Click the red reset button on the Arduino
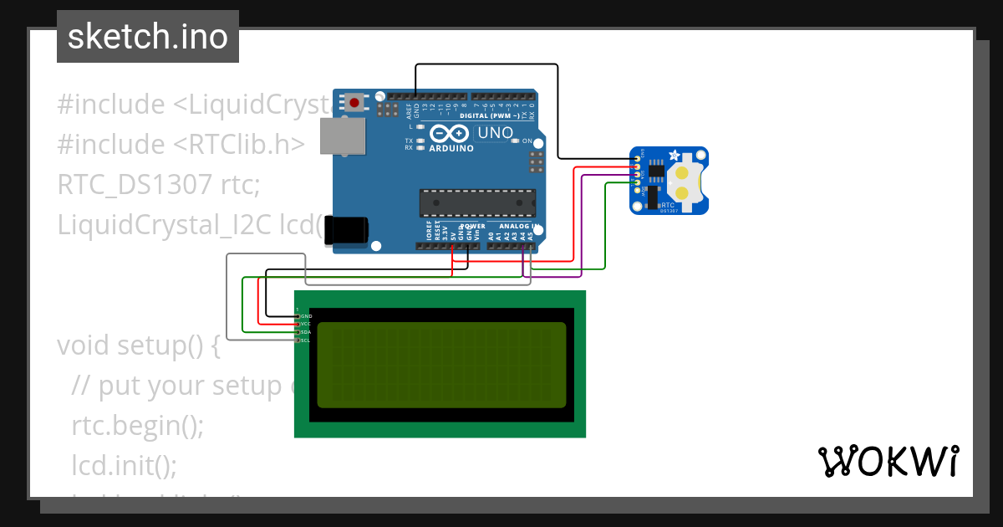click(x=355, y=103)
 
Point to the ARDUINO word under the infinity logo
click(x=451, y=148)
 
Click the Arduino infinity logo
click(x=451, y=134)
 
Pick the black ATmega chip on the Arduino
click(x=477, y=202)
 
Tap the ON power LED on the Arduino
click(x=527, y=141)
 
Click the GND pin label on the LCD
click(x=306, y=316)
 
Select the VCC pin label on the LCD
click(x=306, y=324)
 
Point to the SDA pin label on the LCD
click(x=306, y=332)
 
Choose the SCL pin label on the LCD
click(x=306, y=340)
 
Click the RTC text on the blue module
click(x=668, y=204)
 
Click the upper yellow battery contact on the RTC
click(x=683, y=174)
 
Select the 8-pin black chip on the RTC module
click(x=658, y=171)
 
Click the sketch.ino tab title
click(x=148, y=37)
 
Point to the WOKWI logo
click(x=888, y=461)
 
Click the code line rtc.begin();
click(x=138, y=425)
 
